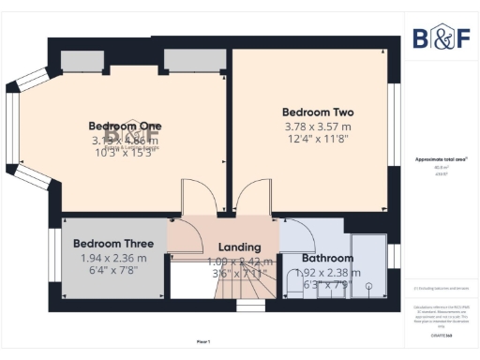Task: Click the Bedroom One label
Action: click(125, 126)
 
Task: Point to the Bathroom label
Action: click(327, 258)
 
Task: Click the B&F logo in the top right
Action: click(442, 38)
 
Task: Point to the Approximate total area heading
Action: click(442, 159)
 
